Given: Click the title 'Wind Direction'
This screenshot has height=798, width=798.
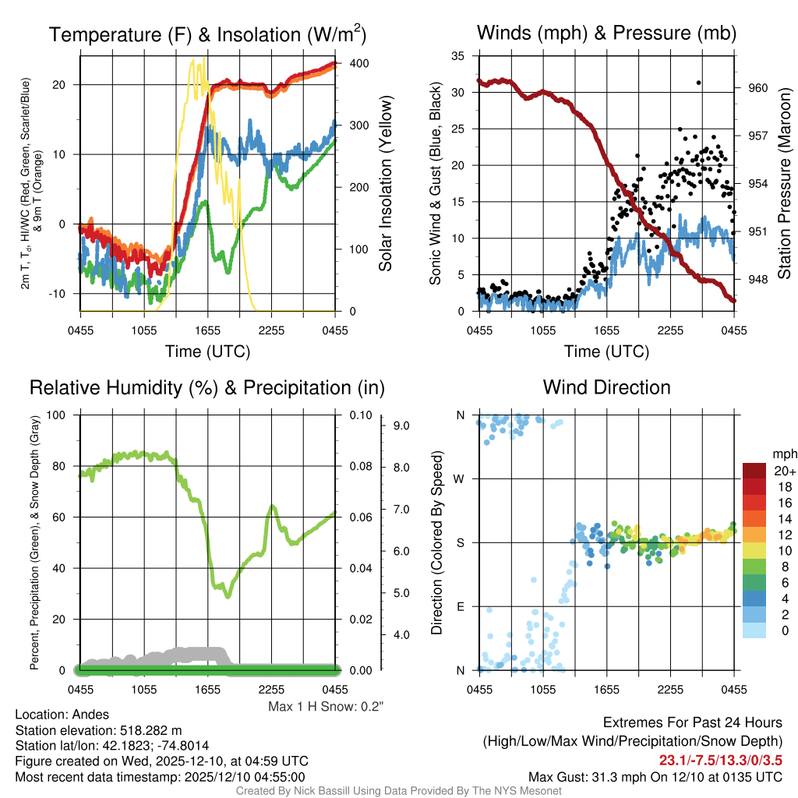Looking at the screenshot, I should [606, 387].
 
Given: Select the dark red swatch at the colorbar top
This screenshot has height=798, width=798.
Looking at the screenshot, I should [754, 471].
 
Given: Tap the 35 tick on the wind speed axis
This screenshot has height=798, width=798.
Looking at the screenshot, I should [459, 55].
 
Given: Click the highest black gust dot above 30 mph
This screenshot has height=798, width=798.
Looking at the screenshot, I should [698, 83].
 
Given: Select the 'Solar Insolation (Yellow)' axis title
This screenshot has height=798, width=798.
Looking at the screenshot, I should [385, 184].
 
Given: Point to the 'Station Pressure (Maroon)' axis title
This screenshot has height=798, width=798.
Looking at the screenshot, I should [785, 184].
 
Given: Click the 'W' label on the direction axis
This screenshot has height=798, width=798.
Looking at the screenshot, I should [461, 478].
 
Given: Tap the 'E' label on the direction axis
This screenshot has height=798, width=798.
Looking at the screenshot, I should [461, 606].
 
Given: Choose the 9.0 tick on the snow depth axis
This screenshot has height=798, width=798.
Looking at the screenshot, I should [401, 425].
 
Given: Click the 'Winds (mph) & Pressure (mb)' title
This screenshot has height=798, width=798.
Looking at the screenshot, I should [606, 33].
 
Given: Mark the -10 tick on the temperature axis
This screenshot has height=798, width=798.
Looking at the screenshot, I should [63, 293].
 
